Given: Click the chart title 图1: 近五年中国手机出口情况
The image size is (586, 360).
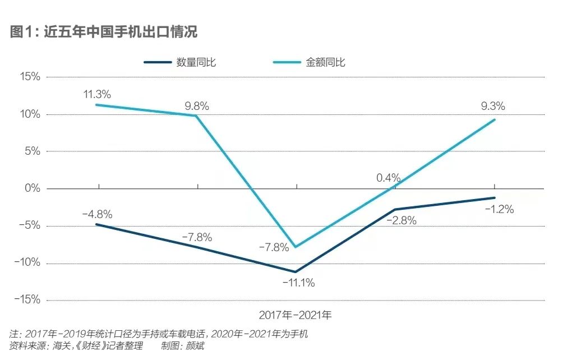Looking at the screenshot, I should tap(104, 31).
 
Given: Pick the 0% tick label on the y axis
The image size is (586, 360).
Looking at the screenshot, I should tap(33, 188).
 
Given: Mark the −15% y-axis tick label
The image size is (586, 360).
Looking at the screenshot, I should tap(26, 300).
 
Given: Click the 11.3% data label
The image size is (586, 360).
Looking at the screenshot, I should tap(97, 94).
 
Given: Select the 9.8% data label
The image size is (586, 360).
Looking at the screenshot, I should tap(197, 105).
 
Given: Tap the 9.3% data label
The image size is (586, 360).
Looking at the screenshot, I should tap(493, 105).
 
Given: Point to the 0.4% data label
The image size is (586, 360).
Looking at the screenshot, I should tap(389, 178).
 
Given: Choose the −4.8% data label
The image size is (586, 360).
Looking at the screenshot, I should tap(97, 214).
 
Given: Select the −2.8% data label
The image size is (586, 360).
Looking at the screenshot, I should tap(401, 220).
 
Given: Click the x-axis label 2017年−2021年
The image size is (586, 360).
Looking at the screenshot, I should tap(295, 315).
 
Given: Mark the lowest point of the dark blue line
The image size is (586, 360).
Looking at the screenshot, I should tap(296, 272).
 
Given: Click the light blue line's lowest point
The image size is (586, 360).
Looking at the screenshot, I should tap(296, 247).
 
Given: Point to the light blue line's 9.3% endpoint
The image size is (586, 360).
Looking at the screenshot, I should tap(495, 119).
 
